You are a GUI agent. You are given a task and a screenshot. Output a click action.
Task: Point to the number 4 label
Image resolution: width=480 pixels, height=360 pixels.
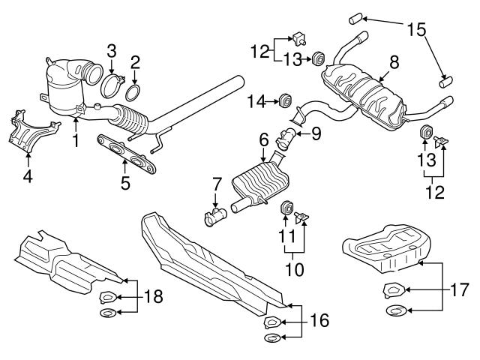[28, 177]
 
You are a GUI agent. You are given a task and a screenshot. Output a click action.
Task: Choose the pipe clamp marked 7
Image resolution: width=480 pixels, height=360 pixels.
[217, 218]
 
